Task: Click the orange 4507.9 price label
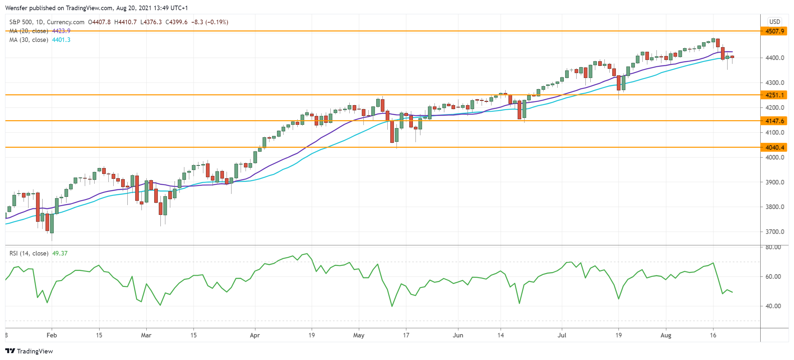774,31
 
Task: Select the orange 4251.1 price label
774,95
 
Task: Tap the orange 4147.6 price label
774,121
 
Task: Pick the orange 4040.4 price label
774,147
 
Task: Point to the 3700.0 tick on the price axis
775,232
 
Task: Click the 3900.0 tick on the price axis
775,182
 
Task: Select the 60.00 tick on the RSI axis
773,276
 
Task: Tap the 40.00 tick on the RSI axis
773,306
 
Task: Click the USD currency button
775,22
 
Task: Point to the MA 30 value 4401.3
61,40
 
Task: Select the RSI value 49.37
60,253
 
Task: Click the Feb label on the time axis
52,335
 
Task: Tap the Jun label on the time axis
458,335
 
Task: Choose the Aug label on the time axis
666,335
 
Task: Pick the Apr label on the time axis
255,335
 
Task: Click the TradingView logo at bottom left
29,351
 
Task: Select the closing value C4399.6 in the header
176,22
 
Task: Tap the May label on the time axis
359,335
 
